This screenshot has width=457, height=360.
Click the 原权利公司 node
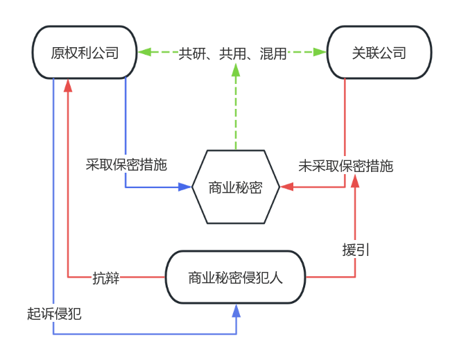point(85,53)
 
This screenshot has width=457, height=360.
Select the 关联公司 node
point(379,53)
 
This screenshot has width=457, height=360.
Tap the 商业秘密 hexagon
point(236,187)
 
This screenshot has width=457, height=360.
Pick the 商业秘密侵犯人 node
point(236,277)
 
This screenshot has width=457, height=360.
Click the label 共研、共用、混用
point(233,53)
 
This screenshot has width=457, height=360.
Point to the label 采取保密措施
point(127,165)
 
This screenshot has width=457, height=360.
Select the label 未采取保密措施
point(345,166)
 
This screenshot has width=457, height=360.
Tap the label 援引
point(356,250)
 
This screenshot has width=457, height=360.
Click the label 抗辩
point(106,277)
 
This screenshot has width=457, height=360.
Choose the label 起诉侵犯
point(54,314)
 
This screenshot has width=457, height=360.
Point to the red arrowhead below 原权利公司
point(68,85)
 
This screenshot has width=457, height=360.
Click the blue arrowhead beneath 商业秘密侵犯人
point(236,311)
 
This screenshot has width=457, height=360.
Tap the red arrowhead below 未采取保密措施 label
point(356,181)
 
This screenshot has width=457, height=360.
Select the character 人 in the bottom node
point(276,278)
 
